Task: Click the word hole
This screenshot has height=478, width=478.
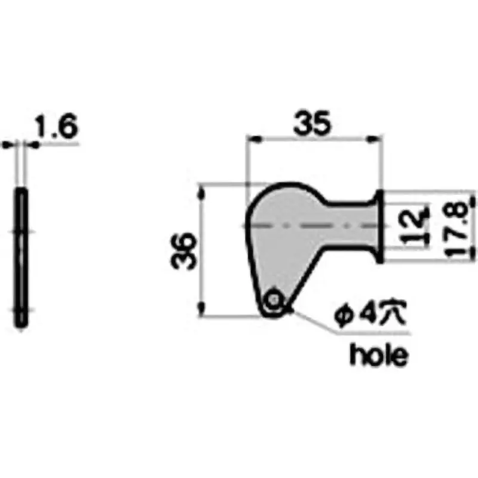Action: [379, 356]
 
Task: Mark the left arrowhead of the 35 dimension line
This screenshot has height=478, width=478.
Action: [253, 139]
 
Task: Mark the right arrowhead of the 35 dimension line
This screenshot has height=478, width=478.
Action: [376, 139]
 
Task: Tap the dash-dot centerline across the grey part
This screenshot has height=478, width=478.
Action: [311, 226]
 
